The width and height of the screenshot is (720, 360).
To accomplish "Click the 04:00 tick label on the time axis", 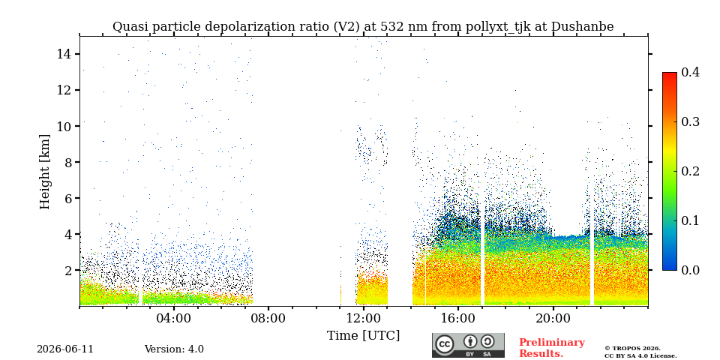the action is coord(175,318).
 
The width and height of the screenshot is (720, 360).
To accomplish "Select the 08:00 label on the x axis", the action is coord(269,318).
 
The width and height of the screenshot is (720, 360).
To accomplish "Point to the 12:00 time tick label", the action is coord(364,318).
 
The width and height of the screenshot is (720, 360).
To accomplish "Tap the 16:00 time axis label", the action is coord(458,318).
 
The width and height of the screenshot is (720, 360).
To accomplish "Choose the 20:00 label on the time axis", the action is coord(553,318).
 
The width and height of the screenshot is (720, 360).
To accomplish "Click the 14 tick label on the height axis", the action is coord(64,54).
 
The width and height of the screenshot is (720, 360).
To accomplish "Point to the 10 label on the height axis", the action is coord(64,126).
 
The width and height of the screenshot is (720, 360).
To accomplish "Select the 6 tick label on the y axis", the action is coord(68,198).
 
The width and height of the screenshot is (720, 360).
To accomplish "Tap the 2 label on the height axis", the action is coord(68,270).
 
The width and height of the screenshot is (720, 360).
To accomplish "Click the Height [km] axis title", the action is coord(44,172).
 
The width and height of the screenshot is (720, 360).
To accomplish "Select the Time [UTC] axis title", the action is coord(363,336).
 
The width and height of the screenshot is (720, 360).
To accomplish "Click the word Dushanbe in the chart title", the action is coord(582,27).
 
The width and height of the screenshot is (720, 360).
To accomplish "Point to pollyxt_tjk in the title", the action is coord(495,27).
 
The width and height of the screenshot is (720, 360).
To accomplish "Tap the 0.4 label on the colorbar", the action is coord(690,72).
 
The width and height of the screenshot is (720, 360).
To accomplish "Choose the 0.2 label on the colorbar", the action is coord(690,171).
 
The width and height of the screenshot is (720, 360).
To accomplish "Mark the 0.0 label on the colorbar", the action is coord(690,270).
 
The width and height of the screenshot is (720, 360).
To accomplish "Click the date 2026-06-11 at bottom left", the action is coord(65,349).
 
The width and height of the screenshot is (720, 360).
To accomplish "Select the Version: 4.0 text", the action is coord(174,349).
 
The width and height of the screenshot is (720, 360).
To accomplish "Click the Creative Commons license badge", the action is coord(468,345).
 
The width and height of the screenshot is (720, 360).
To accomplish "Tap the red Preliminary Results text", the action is coord(552,348).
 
